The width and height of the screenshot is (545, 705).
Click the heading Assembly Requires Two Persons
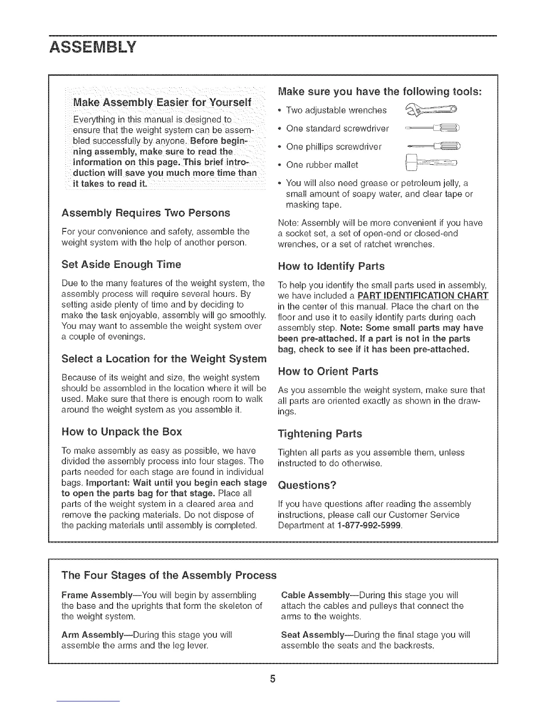tap(146, 213)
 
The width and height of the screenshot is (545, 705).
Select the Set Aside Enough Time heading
tap(121, 265)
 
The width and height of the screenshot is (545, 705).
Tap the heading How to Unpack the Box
tap(122, 432)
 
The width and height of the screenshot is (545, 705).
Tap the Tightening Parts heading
tap(320, 434)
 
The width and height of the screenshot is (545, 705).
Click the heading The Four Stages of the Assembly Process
tap(169, 575)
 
